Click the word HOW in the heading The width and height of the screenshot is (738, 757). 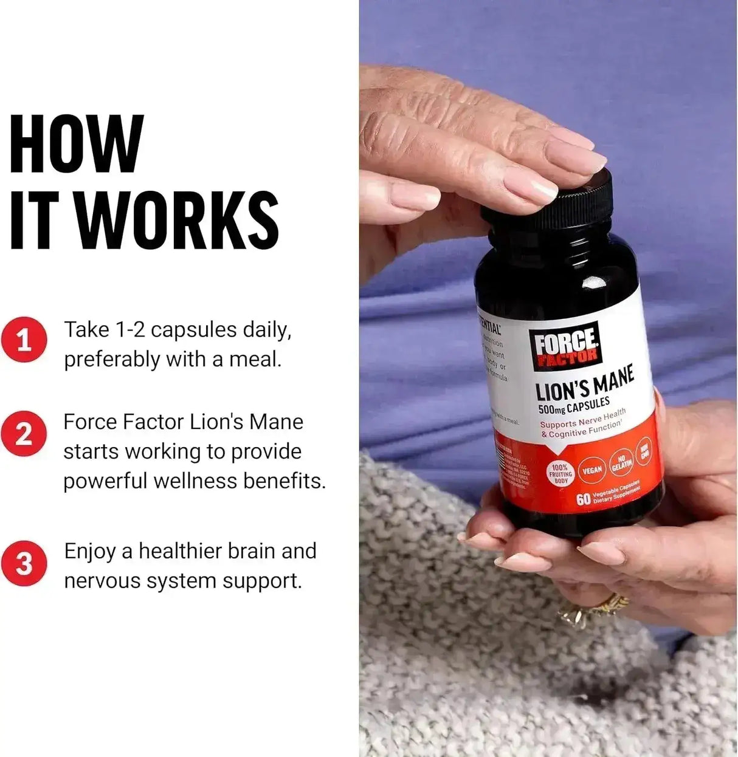[x=77, y=145]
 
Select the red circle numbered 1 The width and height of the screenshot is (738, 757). [x=24, y=340]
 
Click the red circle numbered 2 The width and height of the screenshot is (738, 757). [x=24, y=434]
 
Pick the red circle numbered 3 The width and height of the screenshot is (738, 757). [x=24, y=564]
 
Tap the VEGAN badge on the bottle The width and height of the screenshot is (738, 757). [x=591, y=470]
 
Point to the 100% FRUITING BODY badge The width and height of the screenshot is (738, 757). [x=560, y=474]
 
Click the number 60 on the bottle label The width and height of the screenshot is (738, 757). [x=583, y=499]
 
